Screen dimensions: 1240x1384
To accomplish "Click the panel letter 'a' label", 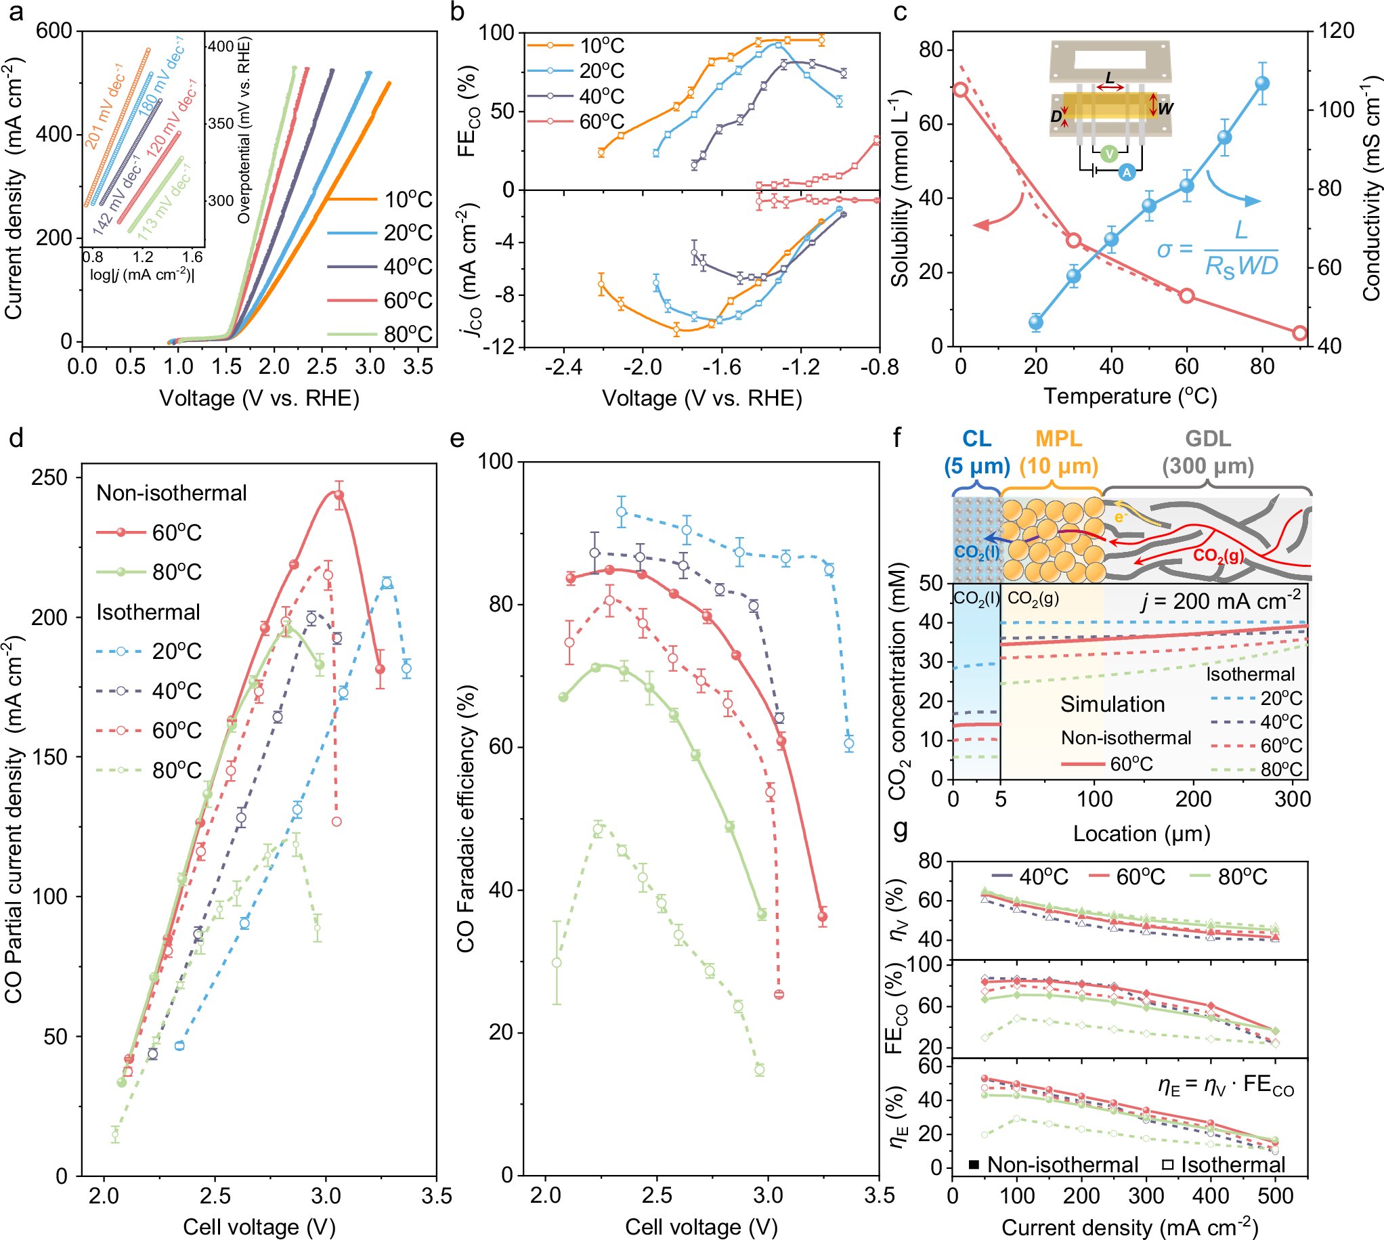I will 14,12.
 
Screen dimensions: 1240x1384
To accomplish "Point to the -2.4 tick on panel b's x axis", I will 563,367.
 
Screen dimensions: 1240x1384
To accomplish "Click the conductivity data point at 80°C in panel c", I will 1262,83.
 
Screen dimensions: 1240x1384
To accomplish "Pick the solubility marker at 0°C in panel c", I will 960,90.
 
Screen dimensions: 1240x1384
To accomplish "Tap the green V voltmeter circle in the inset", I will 1109,153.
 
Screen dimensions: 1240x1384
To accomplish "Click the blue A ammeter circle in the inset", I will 1127,173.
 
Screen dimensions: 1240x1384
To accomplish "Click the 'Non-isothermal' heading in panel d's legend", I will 171,492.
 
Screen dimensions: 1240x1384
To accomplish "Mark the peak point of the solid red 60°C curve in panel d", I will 339,494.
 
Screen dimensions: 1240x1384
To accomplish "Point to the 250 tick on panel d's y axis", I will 49,477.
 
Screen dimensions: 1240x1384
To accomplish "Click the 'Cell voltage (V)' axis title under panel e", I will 701,1226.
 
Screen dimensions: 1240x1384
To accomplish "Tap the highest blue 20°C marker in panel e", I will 621,513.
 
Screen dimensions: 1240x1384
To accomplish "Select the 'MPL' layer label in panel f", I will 1058,439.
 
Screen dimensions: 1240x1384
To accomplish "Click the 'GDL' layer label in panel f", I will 1207,439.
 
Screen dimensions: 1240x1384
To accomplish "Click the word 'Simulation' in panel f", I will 1112,704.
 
